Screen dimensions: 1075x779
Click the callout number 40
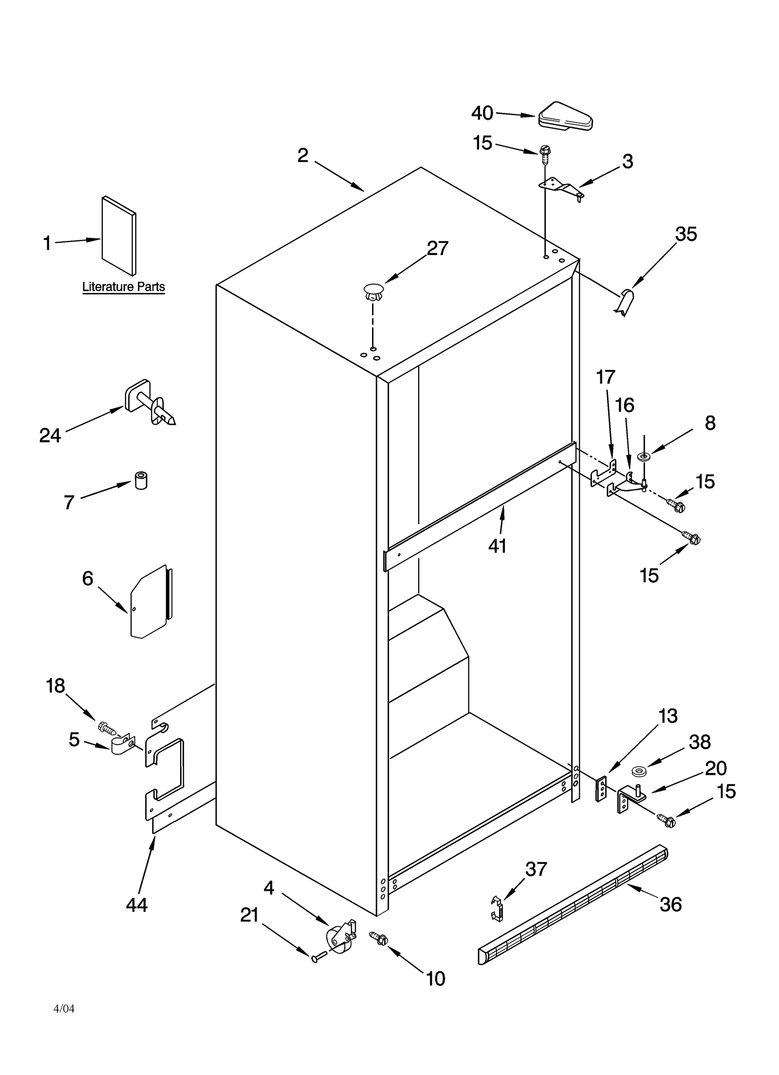point(482,113)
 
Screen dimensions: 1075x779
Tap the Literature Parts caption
point(123,287)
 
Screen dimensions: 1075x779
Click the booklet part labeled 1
point(118,236)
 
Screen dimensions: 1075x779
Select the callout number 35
point(686,234)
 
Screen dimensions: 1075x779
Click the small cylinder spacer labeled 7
point(141,480)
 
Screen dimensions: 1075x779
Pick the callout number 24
point(50,435)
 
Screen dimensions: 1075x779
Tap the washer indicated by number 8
point(644,456)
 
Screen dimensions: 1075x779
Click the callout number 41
point(498,546)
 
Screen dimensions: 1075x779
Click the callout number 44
point(137,905)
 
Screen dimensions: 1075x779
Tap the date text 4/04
point(64,1022)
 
